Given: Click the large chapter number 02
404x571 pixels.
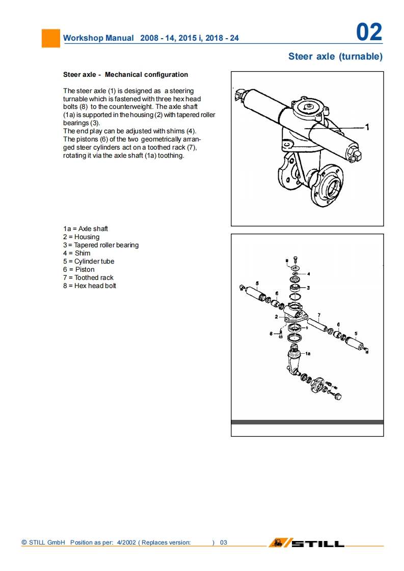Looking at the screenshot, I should click(369, 33).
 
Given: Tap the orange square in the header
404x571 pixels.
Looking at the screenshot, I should click(50, 38).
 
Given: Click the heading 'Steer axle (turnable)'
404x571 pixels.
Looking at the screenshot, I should click(335, 56).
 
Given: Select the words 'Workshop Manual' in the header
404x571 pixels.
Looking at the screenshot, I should click(98, 38).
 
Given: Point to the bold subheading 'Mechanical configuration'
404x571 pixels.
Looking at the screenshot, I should click(146, 75).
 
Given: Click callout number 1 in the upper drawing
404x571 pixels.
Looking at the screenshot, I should click(367, 127).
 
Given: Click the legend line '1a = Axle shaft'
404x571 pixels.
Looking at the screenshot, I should click(86, 229).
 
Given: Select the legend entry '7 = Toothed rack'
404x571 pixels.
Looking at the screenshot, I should click(88, 278).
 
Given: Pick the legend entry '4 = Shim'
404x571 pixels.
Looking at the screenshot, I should click(76, 253).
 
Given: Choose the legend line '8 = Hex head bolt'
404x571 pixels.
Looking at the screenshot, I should click(90, 286).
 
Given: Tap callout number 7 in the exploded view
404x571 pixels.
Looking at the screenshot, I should click(319, 315).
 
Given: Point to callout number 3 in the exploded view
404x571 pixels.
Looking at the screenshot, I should click(308, 288).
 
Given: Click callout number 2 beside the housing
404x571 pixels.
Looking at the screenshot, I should click(276, 317).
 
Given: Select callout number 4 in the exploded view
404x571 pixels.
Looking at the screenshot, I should click(308, 274).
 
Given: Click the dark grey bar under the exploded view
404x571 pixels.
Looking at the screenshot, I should click(307, 422).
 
